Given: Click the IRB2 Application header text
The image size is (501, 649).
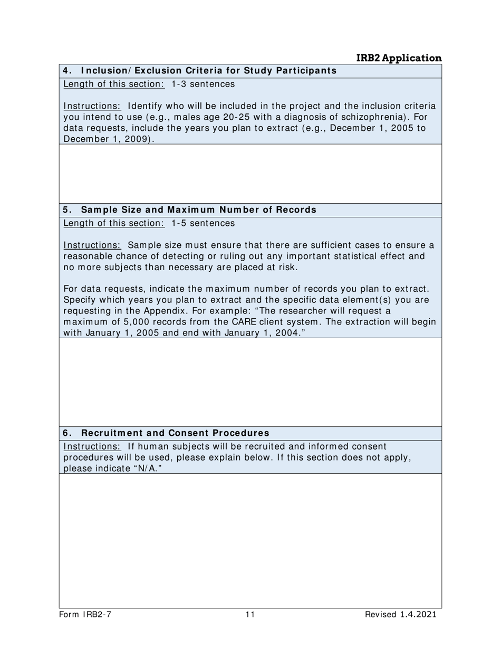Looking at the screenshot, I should point(399,58).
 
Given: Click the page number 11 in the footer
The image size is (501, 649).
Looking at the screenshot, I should point(250,614).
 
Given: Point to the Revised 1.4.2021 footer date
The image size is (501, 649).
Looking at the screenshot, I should point(400,614).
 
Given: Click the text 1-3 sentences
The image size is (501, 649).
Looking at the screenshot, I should point(203,84).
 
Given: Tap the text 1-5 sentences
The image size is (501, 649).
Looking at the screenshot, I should point(203,223).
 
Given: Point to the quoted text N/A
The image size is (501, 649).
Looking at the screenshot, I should point(148,469).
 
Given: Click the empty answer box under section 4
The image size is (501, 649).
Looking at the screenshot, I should point(250,174).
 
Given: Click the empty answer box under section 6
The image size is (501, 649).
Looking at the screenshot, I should point(250,540).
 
